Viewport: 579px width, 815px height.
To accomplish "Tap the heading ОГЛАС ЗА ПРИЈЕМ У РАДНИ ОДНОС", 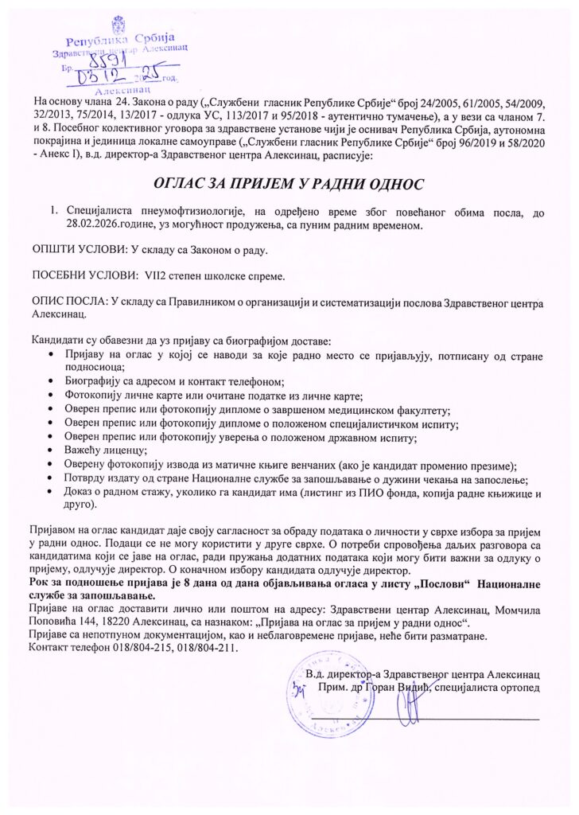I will (x=289, y=183).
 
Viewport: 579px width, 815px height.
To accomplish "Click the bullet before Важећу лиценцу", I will (x=52, y=451).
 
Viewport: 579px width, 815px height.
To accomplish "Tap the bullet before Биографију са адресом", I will (x=52, y=382).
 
